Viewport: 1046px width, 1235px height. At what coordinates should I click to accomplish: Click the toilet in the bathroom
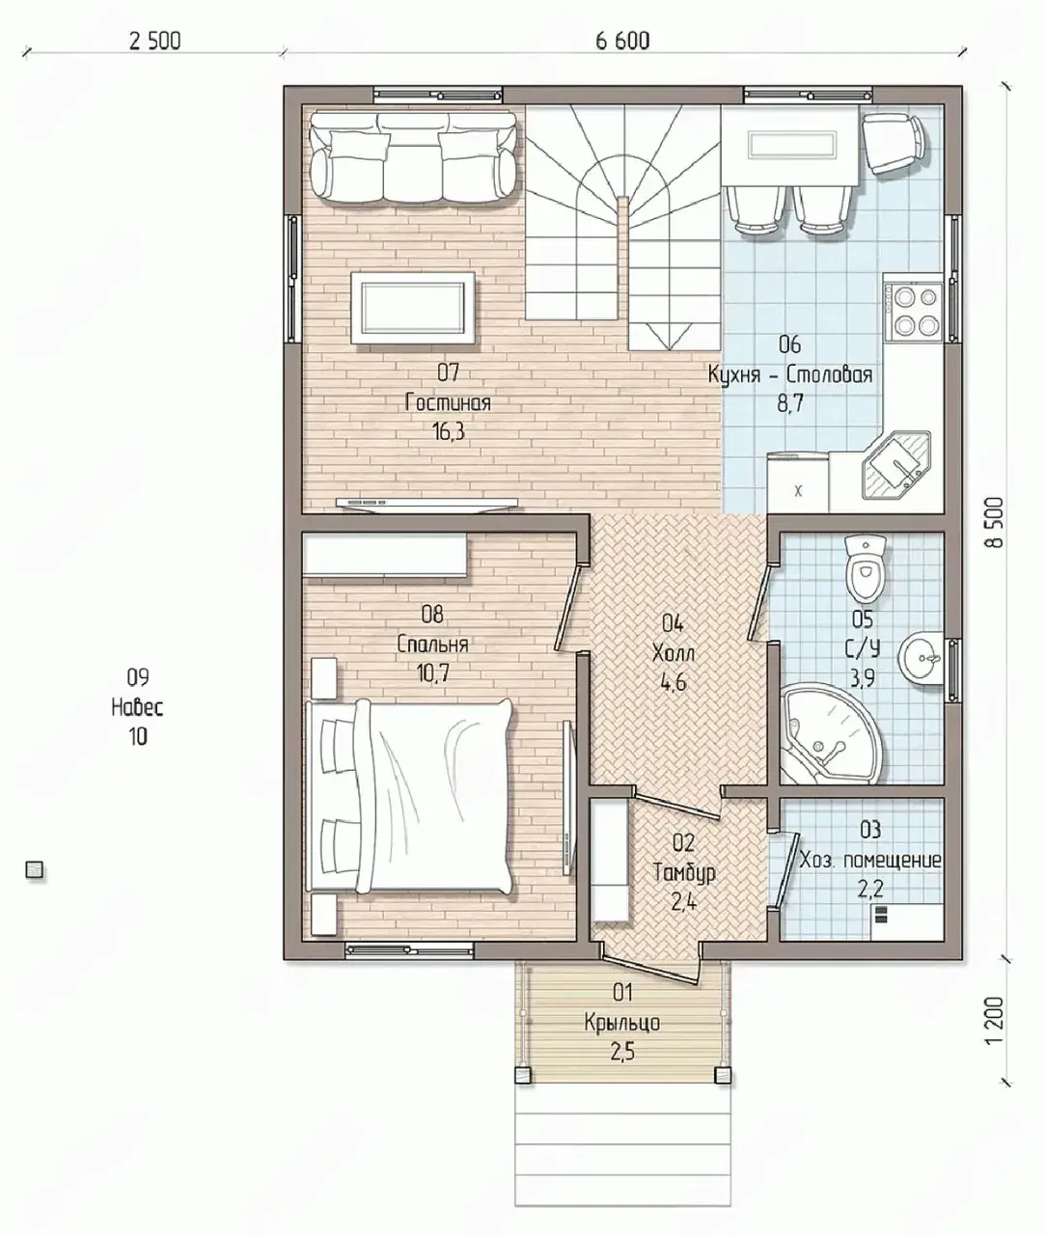(x=865, y=568)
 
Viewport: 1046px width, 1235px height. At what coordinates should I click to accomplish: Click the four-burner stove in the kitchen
(x=913, y=311)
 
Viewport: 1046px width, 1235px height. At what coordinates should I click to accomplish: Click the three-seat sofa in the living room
(x=412, y=157)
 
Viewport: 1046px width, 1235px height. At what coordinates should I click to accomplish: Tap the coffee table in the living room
(x=413, y=308)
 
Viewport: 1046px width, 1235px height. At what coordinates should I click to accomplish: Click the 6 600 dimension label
(x=622, y=41)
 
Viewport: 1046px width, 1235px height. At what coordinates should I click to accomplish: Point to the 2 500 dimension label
(x=154, y=41)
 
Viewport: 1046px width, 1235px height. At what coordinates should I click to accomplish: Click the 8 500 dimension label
(x=995, y=522)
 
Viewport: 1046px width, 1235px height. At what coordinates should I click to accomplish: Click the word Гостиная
(x=448, y=402)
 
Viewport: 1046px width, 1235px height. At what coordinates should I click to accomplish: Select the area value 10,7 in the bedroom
(x=432, y=673)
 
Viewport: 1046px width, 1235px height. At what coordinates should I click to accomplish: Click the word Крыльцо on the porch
(x=622, y=1023)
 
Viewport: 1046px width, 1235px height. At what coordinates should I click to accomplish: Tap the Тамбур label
(x=684, y=873)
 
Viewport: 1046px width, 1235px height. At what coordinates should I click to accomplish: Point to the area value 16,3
(x=449, y=430)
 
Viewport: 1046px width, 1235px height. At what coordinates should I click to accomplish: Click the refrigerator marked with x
(x=798, y=482)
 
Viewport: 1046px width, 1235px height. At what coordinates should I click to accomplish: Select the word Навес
(x=137, y=707)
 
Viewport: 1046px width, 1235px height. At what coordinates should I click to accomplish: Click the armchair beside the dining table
(x=895, y=144)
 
